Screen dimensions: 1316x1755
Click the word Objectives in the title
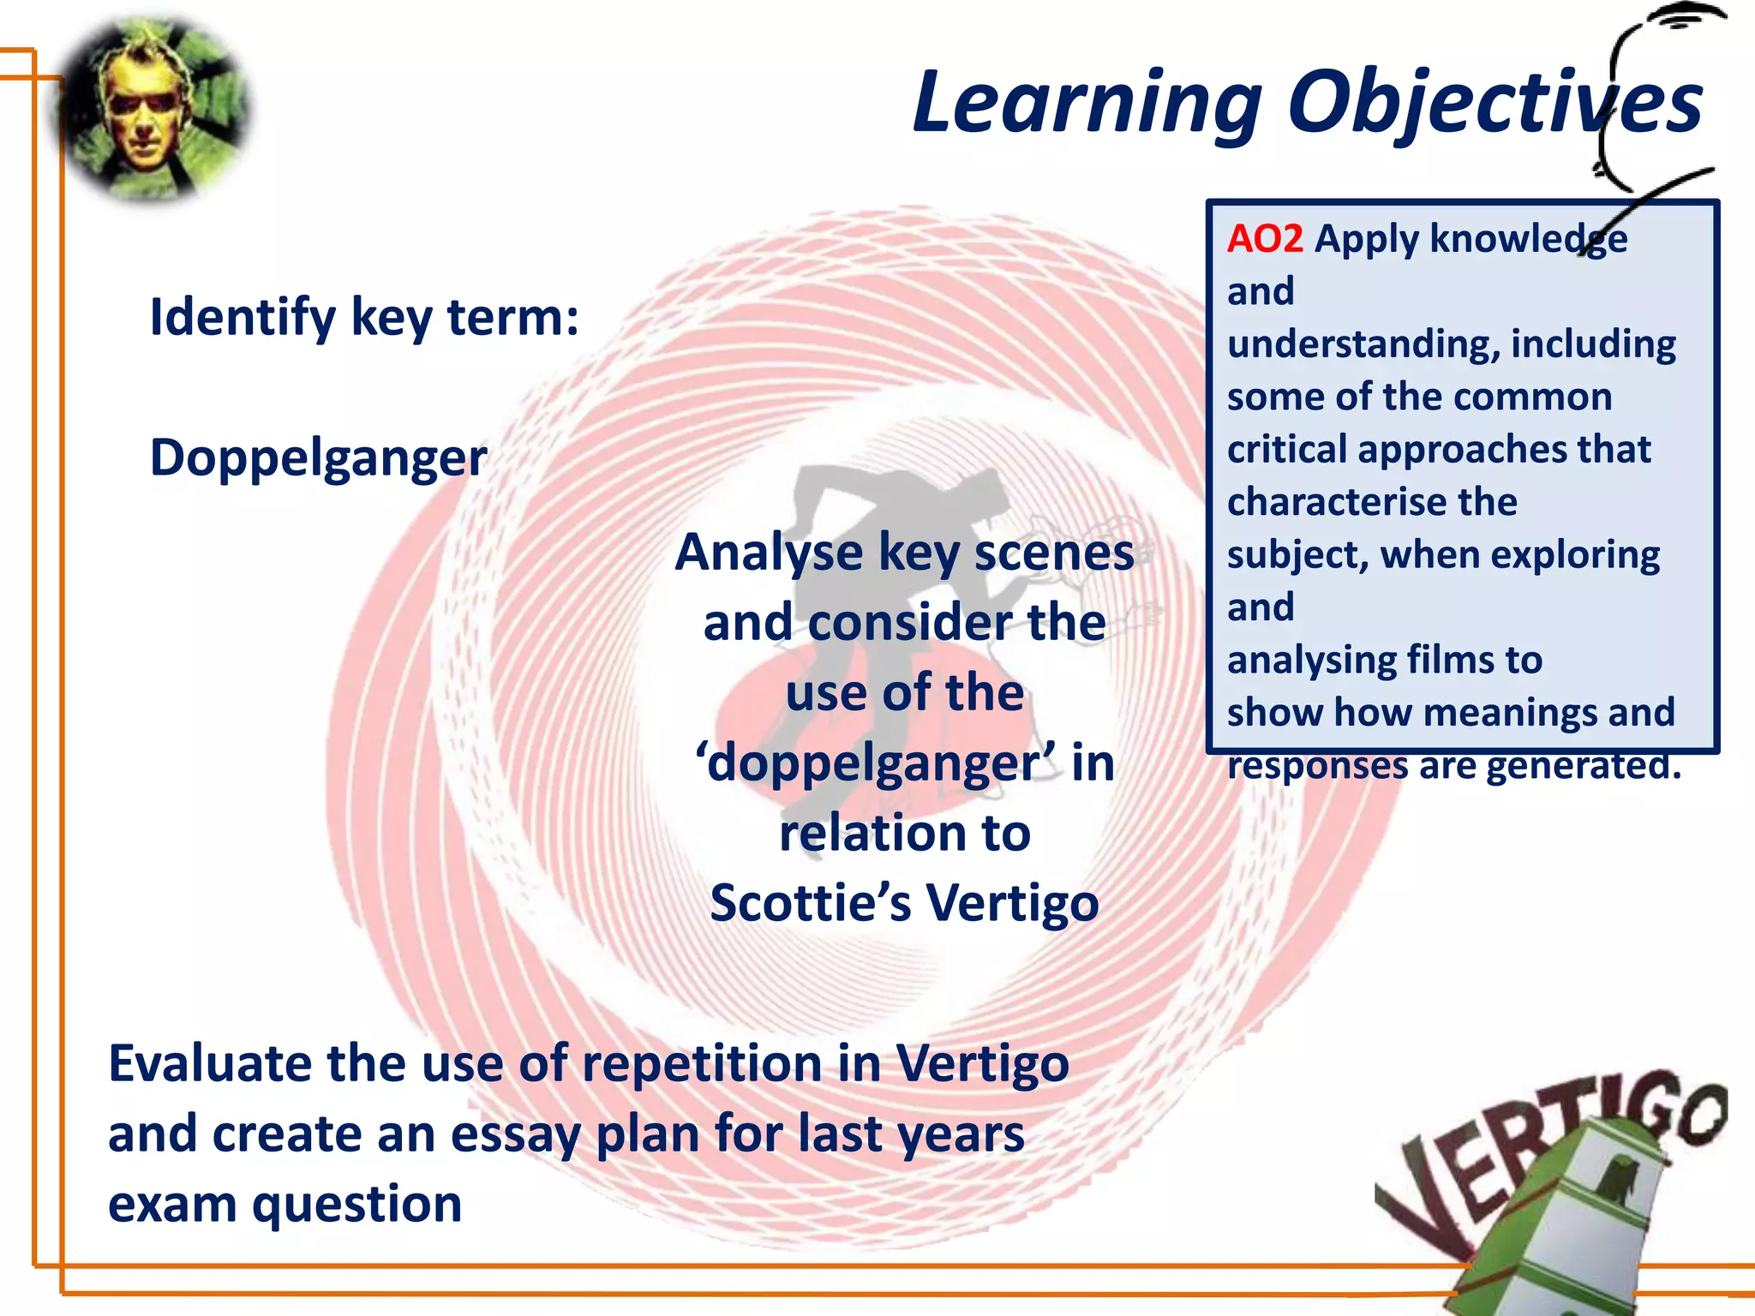point(1494,103)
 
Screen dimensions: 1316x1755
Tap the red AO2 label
point(1265,238)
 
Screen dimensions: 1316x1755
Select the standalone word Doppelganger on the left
point(318,458)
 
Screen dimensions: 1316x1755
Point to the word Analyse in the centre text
point(769,553)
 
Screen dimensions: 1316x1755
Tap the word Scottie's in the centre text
point(810,903)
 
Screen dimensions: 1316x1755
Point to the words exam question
point(285,1204)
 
